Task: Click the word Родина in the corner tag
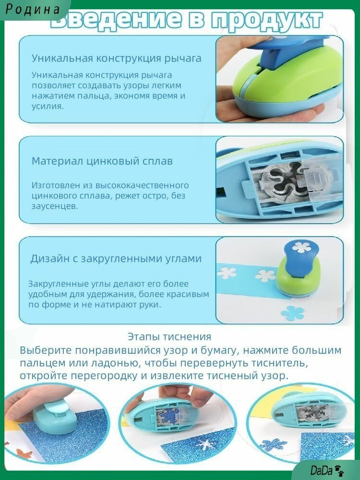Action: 33,9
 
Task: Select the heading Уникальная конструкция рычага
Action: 116,58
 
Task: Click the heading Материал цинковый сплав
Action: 102,161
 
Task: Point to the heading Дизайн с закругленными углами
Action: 116,259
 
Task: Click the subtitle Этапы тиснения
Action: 169,336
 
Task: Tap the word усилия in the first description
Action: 48,107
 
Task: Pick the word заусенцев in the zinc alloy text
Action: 55,206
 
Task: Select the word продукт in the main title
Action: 267,19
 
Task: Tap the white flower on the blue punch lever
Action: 301,247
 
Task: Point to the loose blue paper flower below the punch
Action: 293,313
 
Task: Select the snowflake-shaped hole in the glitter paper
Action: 204,443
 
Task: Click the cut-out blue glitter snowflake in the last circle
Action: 273,444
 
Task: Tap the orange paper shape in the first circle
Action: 23,453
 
